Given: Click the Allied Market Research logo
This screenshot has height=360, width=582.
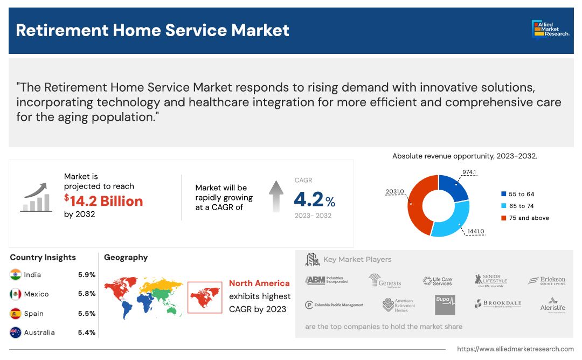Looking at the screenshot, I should tap(550, 30).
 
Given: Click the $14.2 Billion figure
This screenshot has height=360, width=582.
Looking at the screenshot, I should tap(103, 201).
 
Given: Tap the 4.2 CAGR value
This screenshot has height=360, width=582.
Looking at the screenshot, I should tap(309, 200).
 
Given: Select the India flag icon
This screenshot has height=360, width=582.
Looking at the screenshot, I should tap(16, 275).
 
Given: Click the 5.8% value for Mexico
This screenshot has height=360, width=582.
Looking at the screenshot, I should tap(86, 294).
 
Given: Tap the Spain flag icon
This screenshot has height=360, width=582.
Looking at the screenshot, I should tap(16, 314).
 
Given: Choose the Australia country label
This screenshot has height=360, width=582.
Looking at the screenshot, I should tap(39, 333).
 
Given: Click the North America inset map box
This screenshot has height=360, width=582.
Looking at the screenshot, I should tap(205, 297).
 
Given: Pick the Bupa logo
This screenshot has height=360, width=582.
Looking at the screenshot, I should tap(445, 304).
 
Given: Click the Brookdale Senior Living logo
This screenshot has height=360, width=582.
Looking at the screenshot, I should tap(498, 304).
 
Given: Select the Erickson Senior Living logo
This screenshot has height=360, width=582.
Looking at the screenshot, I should tap(546, 281).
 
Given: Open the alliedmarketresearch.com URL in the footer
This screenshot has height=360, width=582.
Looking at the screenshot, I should tap(515, 349).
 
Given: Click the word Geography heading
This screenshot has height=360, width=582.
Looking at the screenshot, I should tap(126, 258).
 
